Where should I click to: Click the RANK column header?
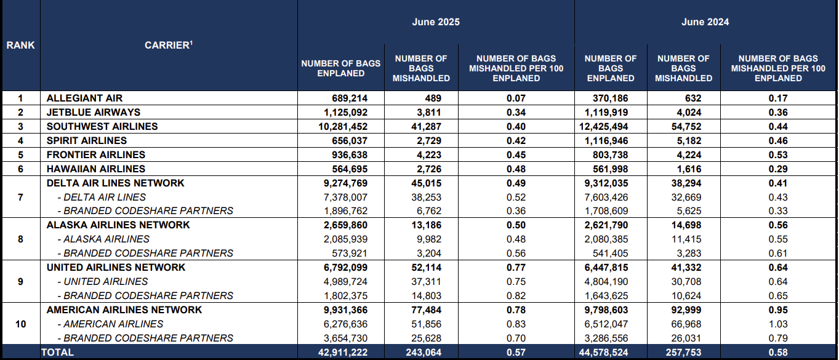(x=20, y=46)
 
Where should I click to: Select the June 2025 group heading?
(x=436, y=22)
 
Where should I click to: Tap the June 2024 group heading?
(x=705, y=22)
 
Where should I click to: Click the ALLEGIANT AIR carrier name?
(x=84, y=98)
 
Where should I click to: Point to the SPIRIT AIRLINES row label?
(x=87, y=140)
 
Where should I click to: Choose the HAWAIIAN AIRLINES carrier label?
(x=96, y=169)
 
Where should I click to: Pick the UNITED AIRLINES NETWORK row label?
(x=116, y=268)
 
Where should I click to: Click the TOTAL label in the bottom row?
(x=57, y=353)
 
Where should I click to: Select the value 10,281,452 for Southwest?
(x=343, y=127)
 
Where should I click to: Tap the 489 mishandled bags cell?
(x=433, y=98)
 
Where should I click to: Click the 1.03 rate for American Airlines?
(x=778, y=324)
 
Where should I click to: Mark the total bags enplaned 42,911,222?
(x=343, y=353)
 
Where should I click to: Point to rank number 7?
(x=20, y=197)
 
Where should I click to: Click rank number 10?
(x=20, y=324)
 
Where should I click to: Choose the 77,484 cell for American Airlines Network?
(x=426, y=310)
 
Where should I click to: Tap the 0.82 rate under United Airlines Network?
(x=516, y=296)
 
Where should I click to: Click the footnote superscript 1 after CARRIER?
(x=191, y=42)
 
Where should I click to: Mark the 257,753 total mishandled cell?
(x=683, y=353)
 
